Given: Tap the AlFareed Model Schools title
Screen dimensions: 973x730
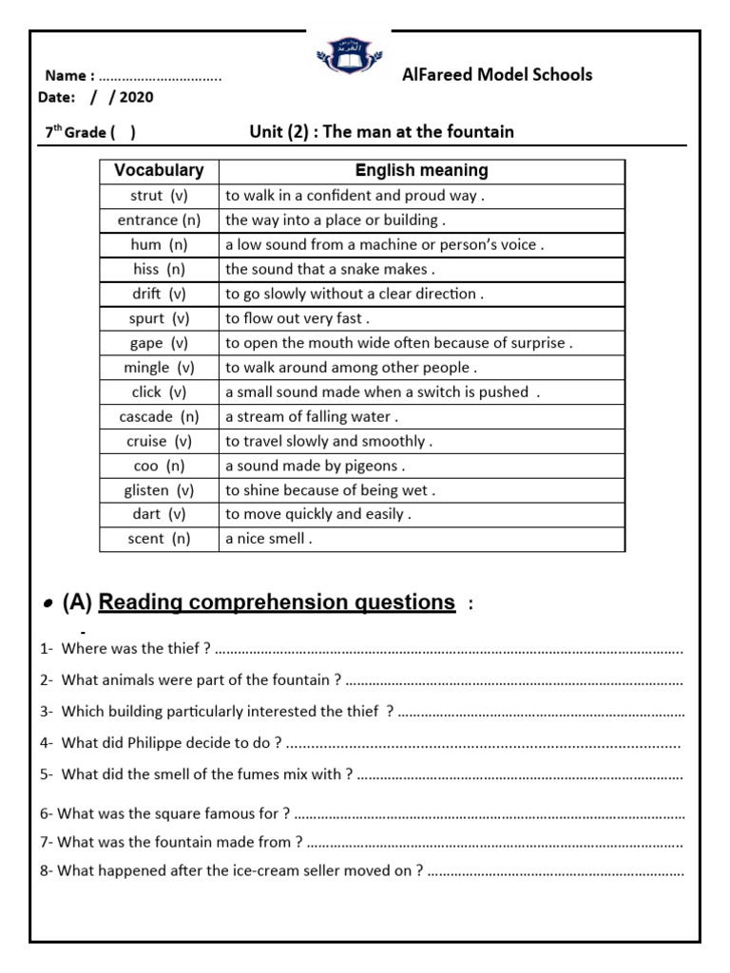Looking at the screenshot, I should point(497,74).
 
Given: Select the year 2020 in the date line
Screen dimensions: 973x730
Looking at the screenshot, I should point(137,97).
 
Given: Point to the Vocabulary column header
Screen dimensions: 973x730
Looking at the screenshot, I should point(159,171).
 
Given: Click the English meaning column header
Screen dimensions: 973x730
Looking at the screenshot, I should point(421,171).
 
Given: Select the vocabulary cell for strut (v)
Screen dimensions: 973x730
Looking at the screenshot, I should point(159,196).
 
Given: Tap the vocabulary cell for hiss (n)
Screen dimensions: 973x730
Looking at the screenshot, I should point(159,269).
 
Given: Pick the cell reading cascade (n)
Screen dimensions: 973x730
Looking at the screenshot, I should point(159,416).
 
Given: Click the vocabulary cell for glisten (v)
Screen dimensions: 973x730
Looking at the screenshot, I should point(159,490).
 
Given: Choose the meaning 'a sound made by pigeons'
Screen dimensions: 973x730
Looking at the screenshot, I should point(315,466).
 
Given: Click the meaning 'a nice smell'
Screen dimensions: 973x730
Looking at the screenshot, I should point(268,539).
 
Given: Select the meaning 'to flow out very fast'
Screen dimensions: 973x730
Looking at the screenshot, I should point(298,318).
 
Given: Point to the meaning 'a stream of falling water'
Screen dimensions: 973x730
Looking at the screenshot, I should point(312,416).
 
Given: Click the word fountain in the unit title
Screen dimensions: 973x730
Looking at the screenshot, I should point(481,132).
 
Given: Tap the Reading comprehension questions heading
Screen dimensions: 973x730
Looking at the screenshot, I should point(277,602).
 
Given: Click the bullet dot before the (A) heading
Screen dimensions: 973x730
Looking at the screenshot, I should point(48,605).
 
